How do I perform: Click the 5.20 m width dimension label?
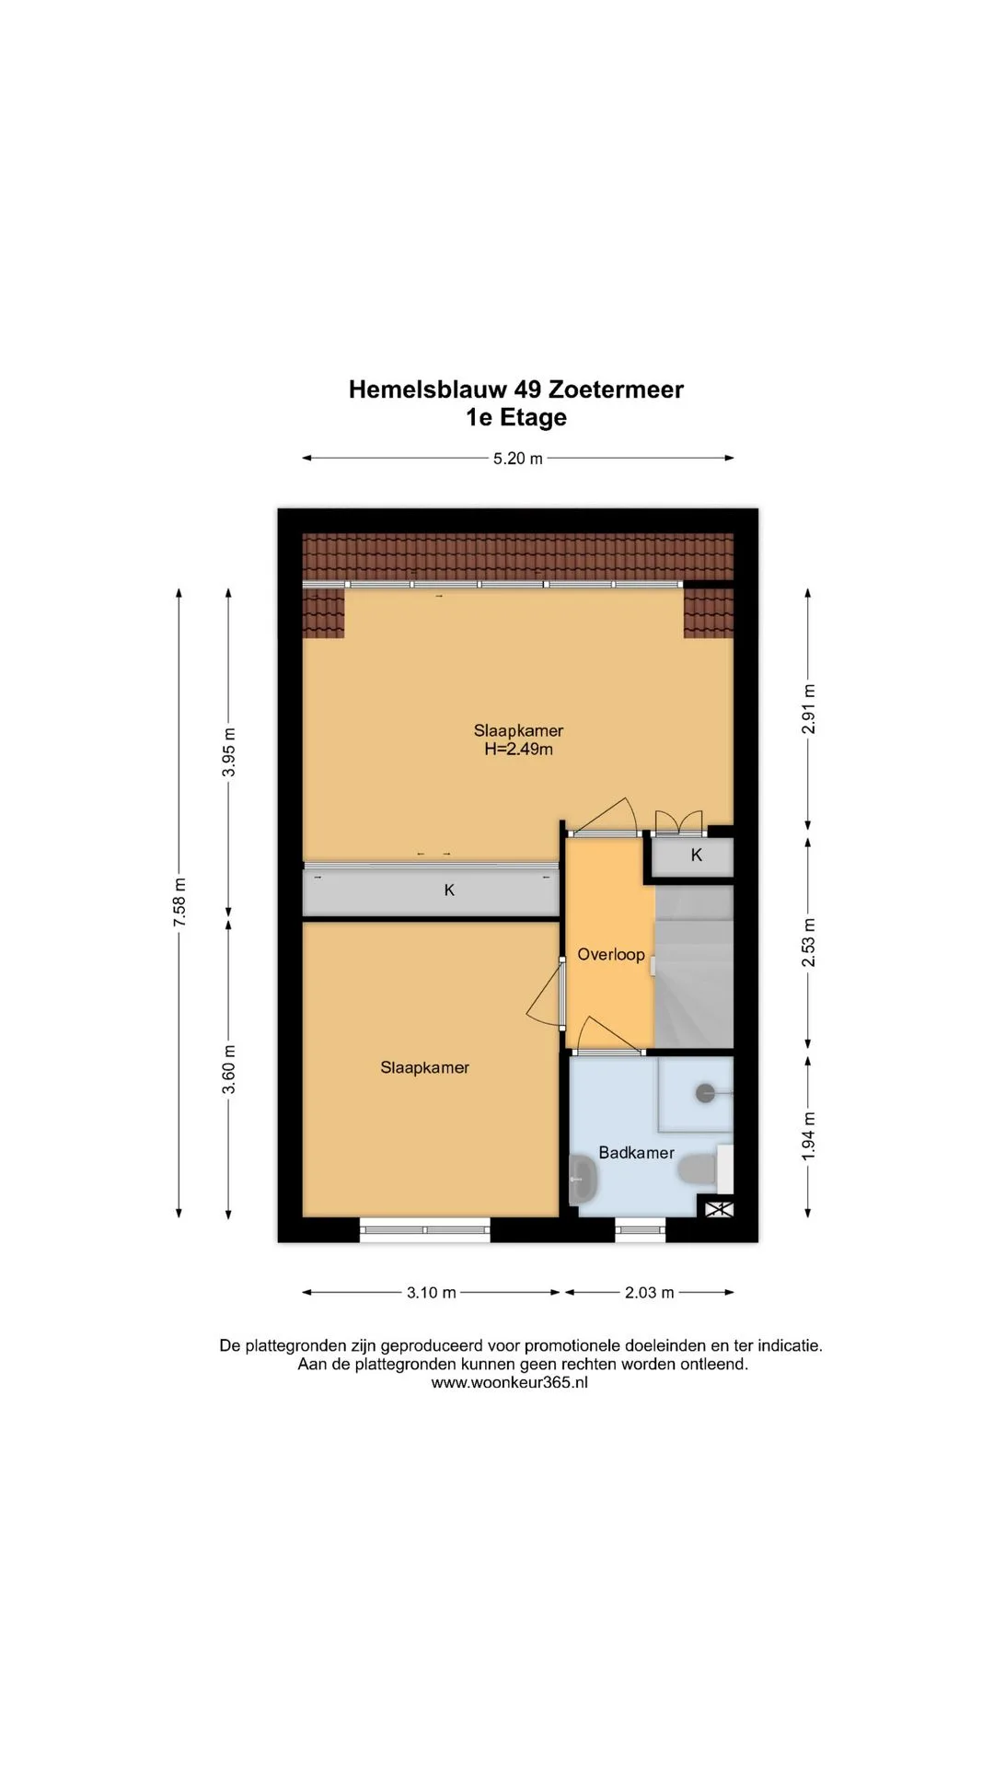[517, 459]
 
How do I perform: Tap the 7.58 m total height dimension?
[179, 903]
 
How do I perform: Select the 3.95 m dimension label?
[229, 752]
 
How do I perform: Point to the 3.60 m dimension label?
[229, 1069]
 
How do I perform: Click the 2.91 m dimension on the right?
[808, 709]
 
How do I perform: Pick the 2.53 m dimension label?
[808, 943]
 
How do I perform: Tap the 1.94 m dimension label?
[808, 1135]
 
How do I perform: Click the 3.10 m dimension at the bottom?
[432, 1293]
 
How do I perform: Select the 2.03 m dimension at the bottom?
[650, 1293]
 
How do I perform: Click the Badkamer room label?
[636, 1153]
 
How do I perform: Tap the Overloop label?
[611, 955]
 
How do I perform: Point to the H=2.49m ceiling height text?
[519, 750]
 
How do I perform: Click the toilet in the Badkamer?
[699, 1169]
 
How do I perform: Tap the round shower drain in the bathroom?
[706, 1093]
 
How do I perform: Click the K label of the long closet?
[449, 890]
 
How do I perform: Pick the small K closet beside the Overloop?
[693, 855]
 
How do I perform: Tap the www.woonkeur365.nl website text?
[509, 1382]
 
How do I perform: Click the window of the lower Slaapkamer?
[425, 1229]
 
